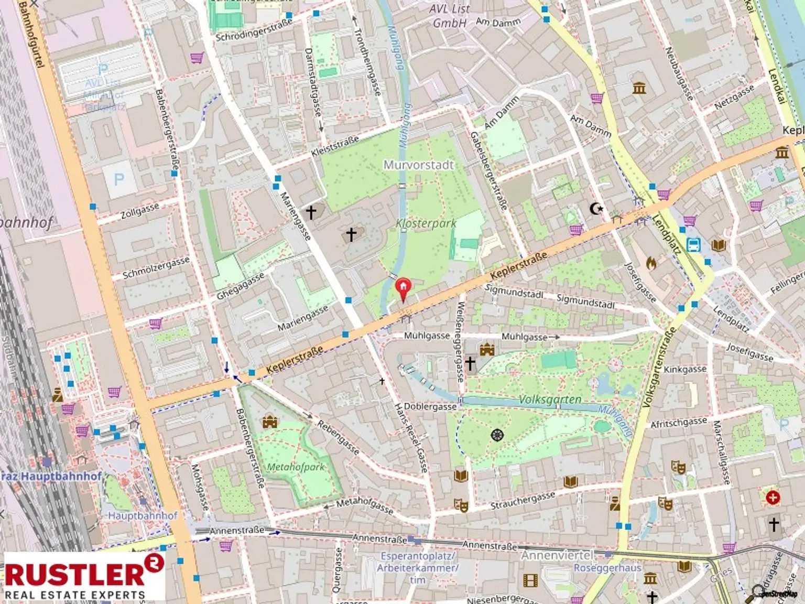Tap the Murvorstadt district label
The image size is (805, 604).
click(418, 165)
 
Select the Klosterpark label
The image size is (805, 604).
click(426, 223)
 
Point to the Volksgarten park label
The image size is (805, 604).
click(550, 400)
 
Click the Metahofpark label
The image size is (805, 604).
click(296, 467)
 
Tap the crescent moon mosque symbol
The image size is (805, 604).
click(596, 209)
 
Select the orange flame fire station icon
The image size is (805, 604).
click(651, 262)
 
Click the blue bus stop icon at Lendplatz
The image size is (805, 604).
click(694, 245)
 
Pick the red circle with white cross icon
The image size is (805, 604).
click(773, 497)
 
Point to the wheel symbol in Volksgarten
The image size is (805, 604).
click(497, 435)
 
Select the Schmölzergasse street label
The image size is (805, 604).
click(156, 268)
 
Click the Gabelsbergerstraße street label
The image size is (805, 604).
click(488, 170)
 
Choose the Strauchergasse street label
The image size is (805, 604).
click(523, 500)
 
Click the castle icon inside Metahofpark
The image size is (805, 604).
click(270, 422)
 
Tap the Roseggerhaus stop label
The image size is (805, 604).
click(607, 568)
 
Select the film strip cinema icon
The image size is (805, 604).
click(530, 580)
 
